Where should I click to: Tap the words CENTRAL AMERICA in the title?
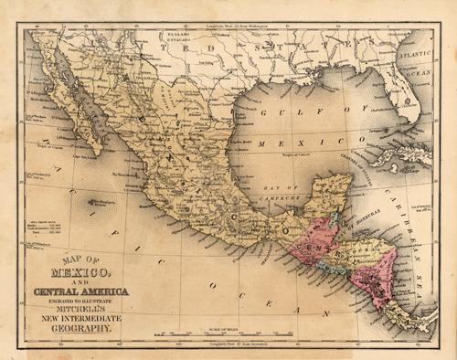(81, 291)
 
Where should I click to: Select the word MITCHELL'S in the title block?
(80, 308)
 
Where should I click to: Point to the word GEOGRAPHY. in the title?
(80, 325)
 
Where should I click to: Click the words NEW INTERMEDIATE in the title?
(80, 317)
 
